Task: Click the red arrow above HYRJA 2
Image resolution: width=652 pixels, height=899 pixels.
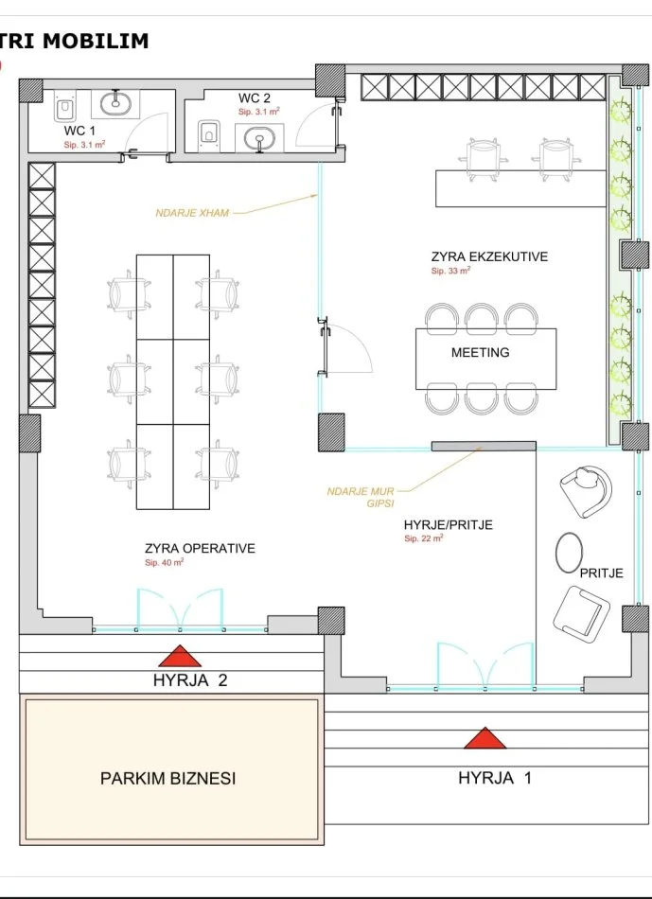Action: (180, 656)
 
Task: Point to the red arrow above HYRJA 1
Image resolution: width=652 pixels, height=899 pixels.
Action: (485, 738)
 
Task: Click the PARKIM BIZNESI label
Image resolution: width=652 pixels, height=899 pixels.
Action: (168, 779)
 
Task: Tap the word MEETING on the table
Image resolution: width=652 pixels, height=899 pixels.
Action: (481, 353)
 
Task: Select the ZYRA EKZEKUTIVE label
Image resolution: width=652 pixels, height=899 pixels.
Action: (490, 256)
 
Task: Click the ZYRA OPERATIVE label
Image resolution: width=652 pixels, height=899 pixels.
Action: (200, 548)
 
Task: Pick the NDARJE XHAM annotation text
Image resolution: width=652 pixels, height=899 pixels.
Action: (192, 213)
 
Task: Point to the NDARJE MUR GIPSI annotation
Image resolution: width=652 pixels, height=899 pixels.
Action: (361, 498)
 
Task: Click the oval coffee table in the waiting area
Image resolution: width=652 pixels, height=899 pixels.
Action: (570, 552)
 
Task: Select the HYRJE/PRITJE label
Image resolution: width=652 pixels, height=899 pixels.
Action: (449, 524)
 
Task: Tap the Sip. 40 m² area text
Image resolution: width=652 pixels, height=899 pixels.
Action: (164, 563)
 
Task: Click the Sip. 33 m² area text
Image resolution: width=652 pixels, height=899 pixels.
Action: (450, 272)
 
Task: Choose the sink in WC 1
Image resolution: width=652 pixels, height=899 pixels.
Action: (115, 104)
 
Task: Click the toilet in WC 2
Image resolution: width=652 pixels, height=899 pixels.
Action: (208, 132)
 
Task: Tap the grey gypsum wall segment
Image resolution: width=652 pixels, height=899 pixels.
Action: (484, 446)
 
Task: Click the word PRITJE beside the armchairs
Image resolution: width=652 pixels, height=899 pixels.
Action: (602, 573)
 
